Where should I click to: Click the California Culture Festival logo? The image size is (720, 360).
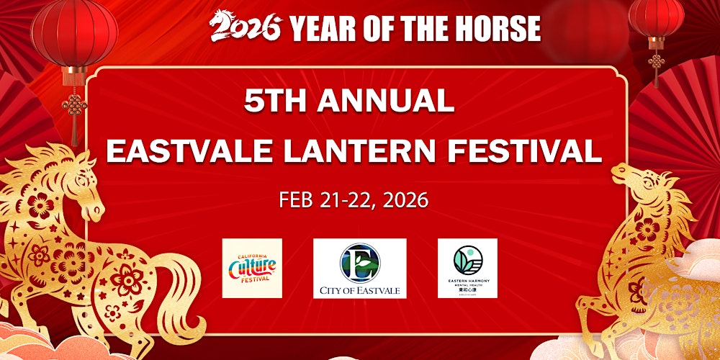[x=251, y=268]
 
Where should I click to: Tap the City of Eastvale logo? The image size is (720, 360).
[x=359, y=269]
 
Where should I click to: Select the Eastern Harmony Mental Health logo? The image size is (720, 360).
[x=467, y=268]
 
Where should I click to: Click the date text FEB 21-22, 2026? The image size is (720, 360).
[x=354, y=199]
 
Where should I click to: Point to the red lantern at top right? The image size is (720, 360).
[x=655, y=18]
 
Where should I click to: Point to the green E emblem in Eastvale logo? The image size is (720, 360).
[x=359, y=261]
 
